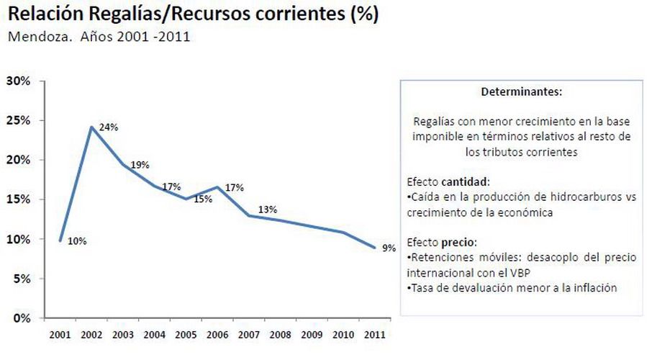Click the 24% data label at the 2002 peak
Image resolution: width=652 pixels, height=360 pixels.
[109, 127]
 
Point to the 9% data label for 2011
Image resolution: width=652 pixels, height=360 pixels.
[389, 248]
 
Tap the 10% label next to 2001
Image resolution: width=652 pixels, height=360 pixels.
[77, 241]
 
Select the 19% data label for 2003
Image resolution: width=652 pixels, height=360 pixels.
[140, 165]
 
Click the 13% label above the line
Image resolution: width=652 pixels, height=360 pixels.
[268, 210]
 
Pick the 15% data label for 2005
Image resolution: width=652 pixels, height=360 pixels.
[203, 199]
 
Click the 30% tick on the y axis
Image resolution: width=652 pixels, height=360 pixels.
[18, 81]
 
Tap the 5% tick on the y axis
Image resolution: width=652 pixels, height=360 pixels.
[21, 278]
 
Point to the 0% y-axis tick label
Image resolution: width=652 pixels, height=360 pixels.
[21, 318]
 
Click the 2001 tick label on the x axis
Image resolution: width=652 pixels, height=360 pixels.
[60, 336]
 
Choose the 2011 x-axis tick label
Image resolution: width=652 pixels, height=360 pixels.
[374, 336]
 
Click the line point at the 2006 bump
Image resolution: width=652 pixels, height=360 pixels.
[217, 187]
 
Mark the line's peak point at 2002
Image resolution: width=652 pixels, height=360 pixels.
[91, 127]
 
